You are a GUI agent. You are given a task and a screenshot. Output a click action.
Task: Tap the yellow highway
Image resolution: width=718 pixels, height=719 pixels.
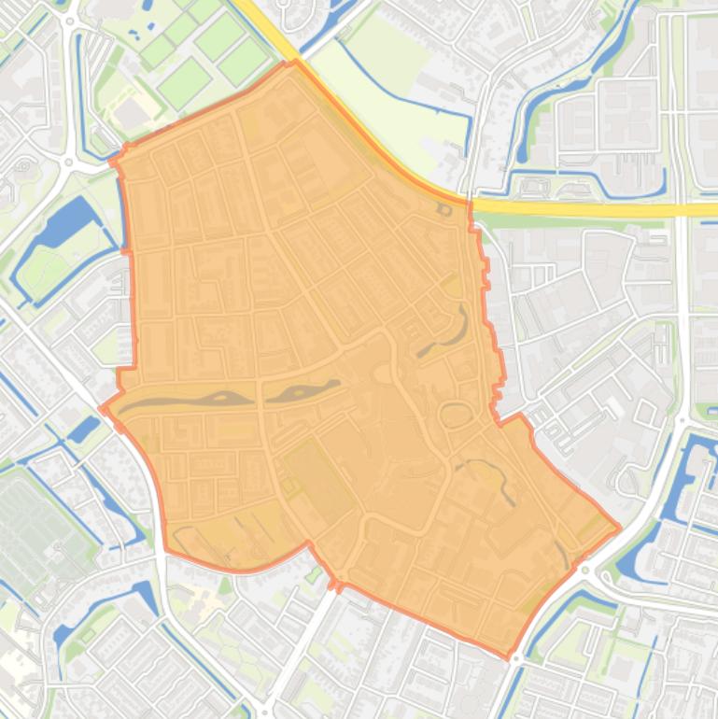pos(598,207)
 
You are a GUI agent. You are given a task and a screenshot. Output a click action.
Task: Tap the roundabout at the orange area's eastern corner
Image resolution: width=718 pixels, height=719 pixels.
pos(585,569)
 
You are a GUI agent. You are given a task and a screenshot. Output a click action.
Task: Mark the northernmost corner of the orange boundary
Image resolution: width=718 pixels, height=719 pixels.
pos(295,63)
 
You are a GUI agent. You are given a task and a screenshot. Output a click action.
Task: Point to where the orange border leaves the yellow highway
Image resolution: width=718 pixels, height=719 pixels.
pos(468,200)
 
